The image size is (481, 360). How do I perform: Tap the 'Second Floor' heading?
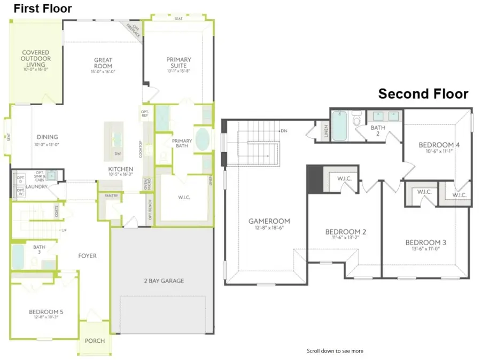pyautogui.click(x=423, y=94)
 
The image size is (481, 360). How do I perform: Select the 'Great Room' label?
pyautogui.click(x=103, y=63)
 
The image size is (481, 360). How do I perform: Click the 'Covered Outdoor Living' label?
pyautogui.click(x=35, y=59)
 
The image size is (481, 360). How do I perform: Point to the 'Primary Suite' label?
pyautogui.click(x=179, y=62)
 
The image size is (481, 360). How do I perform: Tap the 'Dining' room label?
pyautogui.click(x=47, y=137)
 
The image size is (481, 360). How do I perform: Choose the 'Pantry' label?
pyautogui.click(x=112, y=196)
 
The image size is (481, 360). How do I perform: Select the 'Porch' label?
pyautogui.click(x=95, y=341)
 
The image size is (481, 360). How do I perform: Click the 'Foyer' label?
pyautogui.click(x=87, y=256)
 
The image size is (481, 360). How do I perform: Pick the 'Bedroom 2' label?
pyautogui.click(x=346, y=232)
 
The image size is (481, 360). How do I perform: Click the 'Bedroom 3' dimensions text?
pyautogui.click(x=425, y=249)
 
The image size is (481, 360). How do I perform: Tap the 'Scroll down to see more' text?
pyautogui.click(x=335, y=351)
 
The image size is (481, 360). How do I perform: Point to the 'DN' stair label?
pyautogui.click(x=284, y=131)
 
